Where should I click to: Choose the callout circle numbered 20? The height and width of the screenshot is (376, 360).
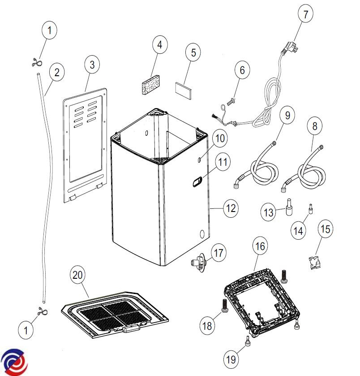pos(78,275)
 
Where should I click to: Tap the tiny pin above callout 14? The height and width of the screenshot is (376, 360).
pos(309,208)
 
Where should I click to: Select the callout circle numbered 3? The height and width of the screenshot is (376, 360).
pos(92,65)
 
